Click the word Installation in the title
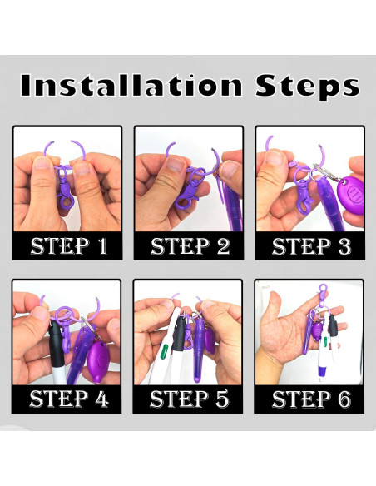pyautogui.click(x=131, y=85)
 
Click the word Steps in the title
pyautogui.click(x=308, y=87)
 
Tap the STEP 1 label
pyautogui.click(x=68, y=246)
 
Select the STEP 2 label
pyautogui.click(x=190, y=246)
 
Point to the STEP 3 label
pyautogui.click(x=311, y=246)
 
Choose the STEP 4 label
pyautogui.click(x=69, y=399)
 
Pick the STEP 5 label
pyautogui.click(x=189, y=399)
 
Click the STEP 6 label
pyautogui.click(x=311, y=399)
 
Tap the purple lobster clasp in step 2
pyautogui.click(x=189, y=188)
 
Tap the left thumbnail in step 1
pyautogui.click(x=42, y=163)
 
